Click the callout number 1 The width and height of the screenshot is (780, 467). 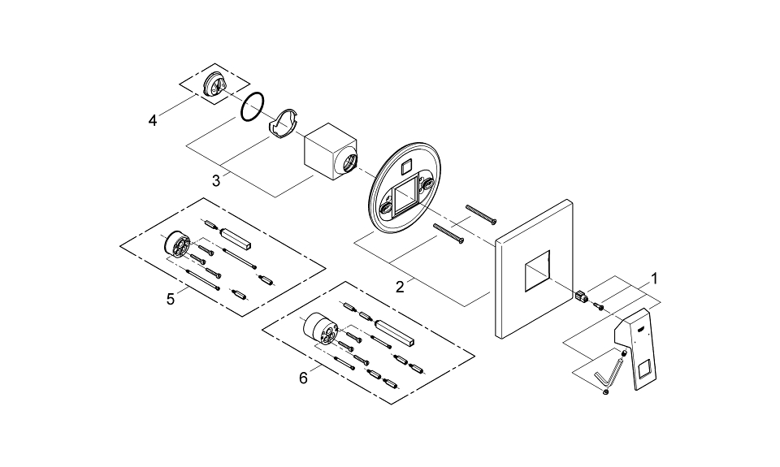(x=655, y=278)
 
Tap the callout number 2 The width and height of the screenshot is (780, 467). (x=399, y=286)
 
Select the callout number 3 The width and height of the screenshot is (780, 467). (x=216, y=181)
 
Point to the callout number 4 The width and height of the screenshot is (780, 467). (x=152, y=121)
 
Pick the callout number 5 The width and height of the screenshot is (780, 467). (x=171, y=299)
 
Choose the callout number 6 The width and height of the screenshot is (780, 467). (x=303, y=378)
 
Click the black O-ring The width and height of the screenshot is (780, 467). (x=253, y=106)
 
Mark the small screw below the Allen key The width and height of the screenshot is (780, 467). (x=606, y=392)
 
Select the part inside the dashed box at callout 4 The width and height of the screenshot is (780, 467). (x=216, y=84)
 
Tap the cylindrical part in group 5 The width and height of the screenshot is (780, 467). (x=175, y=244)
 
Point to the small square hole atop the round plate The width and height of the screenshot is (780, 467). (x=407, y=166)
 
